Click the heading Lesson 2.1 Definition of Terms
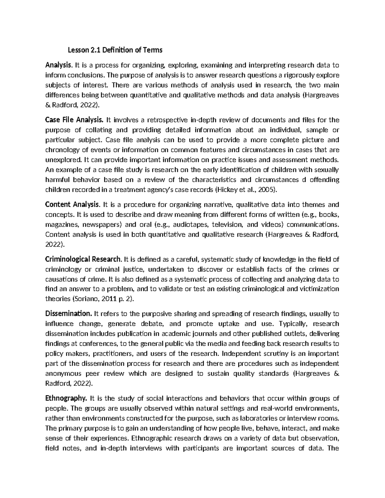pos(114,50)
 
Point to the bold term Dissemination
pos(69,313)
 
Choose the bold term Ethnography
pos(66,399)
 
